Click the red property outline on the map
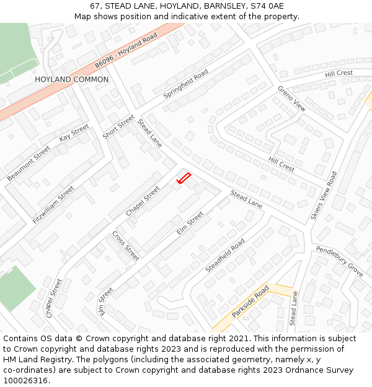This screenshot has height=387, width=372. pos(184,178)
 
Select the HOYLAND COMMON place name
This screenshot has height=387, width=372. pos(71,80)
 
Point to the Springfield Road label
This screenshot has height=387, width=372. pos(185,85)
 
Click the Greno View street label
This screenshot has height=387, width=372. pos(291,98)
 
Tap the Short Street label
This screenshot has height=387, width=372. pos(118,127)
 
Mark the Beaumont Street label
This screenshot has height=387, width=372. pos(29,163)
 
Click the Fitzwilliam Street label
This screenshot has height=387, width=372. pos(53,204)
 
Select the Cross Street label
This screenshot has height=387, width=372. pos(126,246)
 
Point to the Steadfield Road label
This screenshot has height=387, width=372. pos(225,255)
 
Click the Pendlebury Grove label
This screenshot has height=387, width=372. pos(339,261)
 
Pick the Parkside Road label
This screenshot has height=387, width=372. pos(250,302)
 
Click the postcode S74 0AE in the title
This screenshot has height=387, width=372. pos(267,6)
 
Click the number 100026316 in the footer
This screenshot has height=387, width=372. pos(26,381)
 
